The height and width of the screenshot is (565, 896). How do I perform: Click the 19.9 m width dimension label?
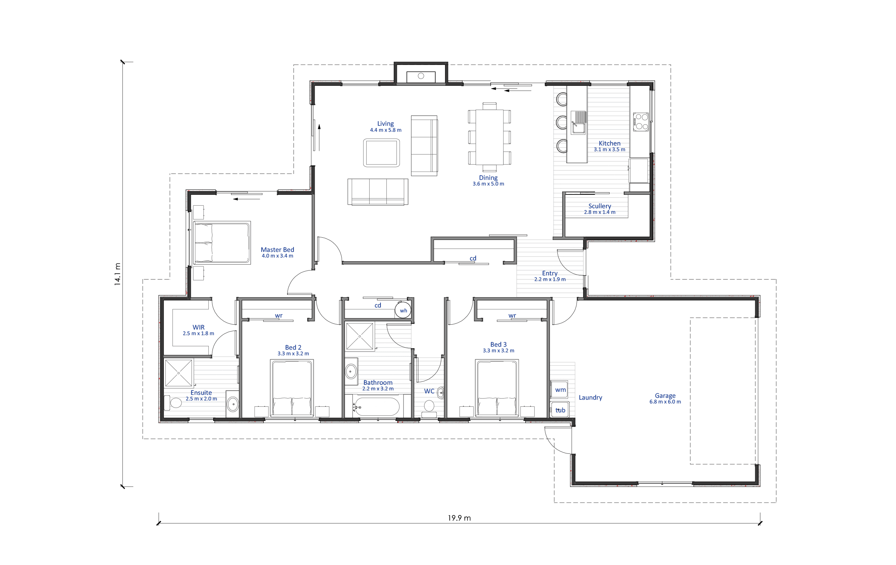(x=459, y=518)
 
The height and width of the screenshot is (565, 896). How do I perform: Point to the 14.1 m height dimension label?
(x=118, y=274)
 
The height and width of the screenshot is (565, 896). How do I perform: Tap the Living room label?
(x=385, y=124)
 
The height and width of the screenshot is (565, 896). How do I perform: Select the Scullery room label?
(x=600, y=206)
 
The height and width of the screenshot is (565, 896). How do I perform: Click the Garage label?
(x=665, y=396)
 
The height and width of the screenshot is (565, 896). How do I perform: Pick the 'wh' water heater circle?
(x=403, y=310)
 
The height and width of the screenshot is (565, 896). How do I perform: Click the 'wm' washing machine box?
(x=559, y=390)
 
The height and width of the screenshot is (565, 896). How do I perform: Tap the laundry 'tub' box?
(x=560, y=409)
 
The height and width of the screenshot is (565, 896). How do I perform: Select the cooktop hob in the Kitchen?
(x=641, y=122)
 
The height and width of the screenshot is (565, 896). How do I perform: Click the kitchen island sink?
(x=578, y=122)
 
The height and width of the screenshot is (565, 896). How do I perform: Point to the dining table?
(x=489, y=137)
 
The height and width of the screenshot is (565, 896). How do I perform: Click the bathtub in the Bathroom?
(x=377, y=406)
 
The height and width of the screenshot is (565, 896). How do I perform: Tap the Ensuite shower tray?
(x=178, y=373)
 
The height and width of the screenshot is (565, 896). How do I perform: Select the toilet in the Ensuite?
(x=174, y=403)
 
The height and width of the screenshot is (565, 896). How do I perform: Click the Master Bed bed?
(x=222, y=243)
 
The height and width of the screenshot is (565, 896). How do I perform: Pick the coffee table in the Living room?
(x=382, y=153)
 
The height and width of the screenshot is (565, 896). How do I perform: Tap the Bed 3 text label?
(x=498, y=344)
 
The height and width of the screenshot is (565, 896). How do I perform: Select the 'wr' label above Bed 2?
(x=279, y=316)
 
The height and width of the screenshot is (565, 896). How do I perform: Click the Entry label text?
(x=550, y=273)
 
